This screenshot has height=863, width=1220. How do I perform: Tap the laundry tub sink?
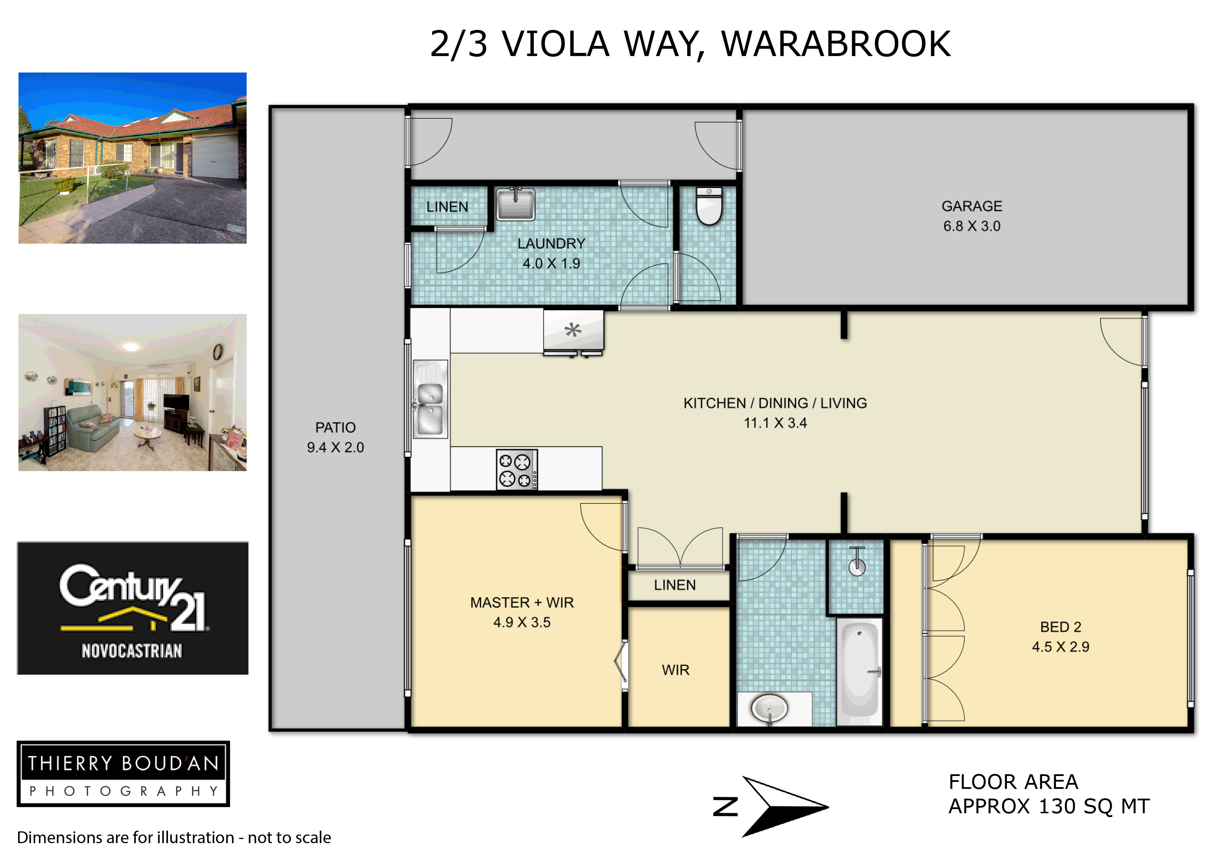[515, 203]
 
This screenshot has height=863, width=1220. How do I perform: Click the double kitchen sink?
[430, 399]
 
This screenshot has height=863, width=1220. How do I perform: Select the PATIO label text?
[335, 428]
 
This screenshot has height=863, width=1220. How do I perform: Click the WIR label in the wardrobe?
[675, 670]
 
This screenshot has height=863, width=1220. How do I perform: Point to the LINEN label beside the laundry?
[447, 207]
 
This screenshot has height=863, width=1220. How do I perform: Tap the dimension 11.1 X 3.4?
[775, 423]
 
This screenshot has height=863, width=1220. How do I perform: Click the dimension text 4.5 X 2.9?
[1061, 647]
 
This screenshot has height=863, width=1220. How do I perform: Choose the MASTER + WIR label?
[522, 602]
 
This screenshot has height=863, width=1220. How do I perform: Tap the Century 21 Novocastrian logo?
[133, 608]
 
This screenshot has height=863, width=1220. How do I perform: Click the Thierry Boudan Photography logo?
[123, 774]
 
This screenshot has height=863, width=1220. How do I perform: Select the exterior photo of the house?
[132, 158]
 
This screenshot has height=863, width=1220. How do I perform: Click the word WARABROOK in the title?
[836, 44]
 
